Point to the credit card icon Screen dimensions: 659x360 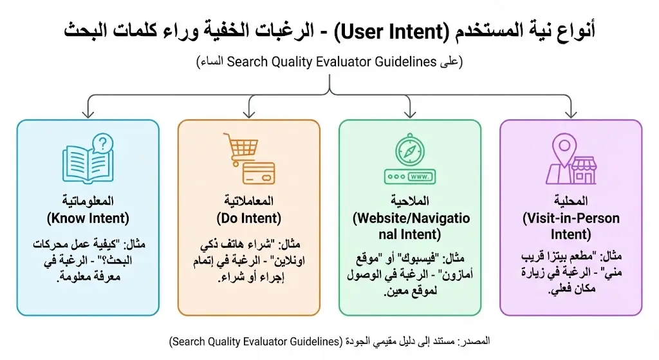click(259, 173)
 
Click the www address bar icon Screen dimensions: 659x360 click(410, 176)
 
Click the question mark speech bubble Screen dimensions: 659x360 click(102, 144)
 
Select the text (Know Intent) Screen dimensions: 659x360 click(88, 218)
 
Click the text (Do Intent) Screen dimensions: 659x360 click(249, 218)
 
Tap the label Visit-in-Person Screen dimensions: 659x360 click(571, 218)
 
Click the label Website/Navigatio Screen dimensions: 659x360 click(411, 218)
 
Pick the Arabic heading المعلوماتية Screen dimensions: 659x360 click(88, 201)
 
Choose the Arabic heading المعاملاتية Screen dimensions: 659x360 click(249, 201)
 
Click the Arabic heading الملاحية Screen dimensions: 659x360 click(410, 201)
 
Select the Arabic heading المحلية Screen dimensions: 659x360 click(571, 201)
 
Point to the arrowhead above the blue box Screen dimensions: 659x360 click(88, 114)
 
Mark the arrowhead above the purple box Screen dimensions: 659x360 click(571, 114)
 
